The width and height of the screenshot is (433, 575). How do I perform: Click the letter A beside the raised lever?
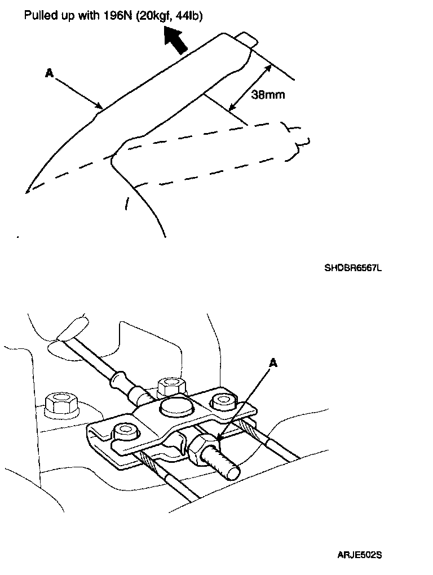[49, 73]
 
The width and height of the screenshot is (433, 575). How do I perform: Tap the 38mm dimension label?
[268, 95]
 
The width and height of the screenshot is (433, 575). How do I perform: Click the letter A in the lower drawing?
[273, 364]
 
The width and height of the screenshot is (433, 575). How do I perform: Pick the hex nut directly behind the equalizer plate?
[170, 386]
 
